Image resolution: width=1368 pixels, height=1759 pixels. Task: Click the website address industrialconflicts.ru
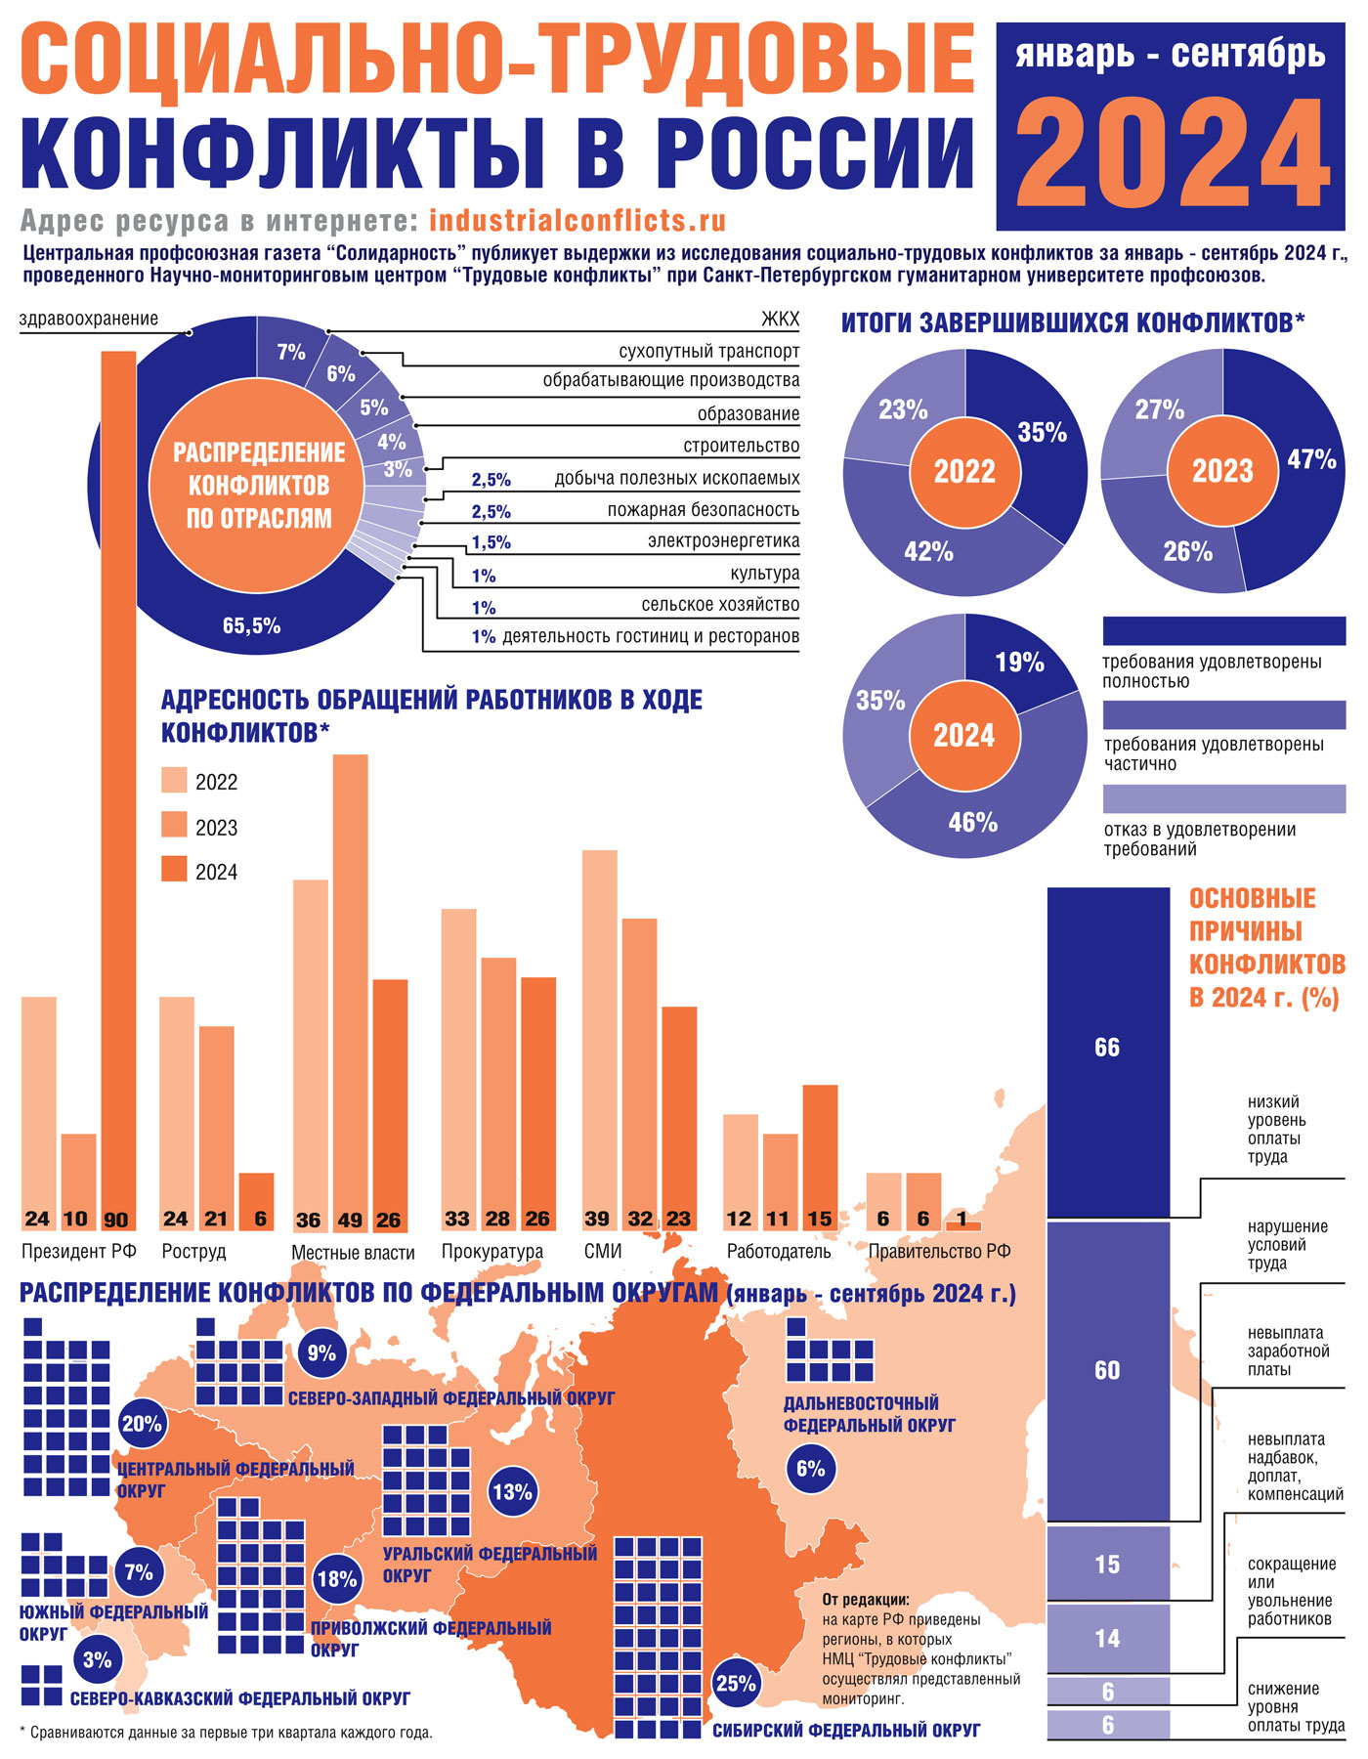point(577,220)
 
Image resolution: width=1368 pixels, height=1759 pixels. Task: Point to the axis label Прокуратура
point(492,1251)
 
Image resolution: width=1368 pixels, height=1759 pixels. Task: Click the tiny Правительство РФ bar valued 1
point(963,1225)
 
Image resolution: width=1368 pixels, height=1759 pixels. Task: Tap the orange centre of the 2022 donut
point(964,472)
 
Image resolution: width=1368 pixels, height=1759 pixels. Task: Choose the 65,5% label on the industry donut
point(252,625)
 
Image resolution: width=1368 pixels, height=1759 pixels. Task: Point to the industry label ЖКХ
point(780,321)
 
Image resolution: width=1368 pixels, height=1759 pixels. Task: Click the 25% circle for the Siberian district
point(736,1683)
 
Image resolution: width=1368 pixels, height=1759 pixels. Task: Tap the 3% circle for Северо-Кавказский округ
point(97,1659)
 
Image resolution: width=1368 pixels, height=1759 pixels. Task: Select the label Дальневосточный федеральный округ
point(869,1414)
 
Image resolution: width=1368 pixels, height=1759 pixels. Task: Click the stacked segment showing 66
point(1107,1049)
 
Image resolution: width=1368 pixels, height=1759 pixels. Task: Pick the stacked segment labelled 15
point(1107,1565)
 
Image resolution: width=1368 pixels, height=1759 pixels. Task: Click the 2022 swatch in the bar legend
point(174,781)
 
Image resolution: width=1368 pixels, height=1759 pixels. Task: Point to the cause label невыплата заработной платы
point(1288,1351)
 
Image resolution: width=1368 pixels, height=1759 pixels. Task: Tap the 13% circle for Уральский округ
point(512,1492)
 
